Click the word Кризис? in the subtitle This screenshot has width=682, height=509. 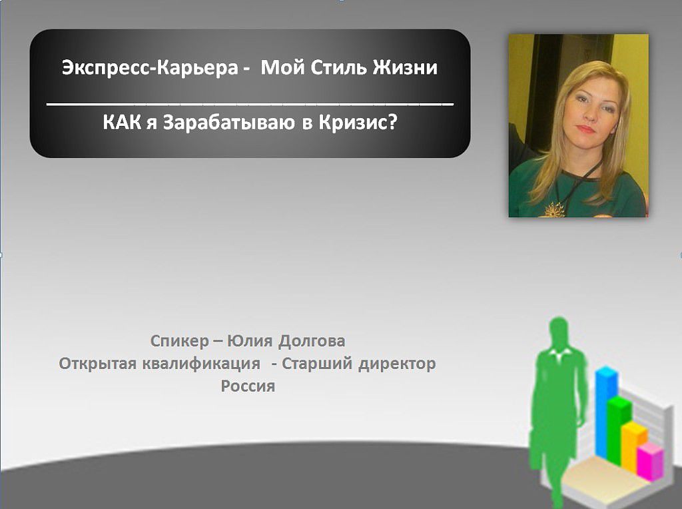point(358,123)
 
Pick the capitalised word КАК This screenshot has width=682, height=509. point(123,123)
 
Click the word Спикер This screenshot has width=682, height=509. point(180,341)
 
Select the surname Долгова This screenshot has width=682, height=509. point(312,341)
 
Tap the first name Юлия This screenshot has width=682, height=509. point(250,340)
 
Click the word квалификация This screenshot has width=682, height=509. point(201,364)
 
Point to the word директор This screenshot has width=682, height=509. point(397,364)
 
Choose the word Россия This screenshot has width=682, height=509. point(248,386)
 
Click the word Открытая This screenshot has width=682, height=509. point(98,364)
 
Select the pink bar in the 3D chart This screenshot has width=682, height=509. point(651,462)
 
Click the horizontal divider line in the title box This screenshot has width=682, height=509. point(250,105)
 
